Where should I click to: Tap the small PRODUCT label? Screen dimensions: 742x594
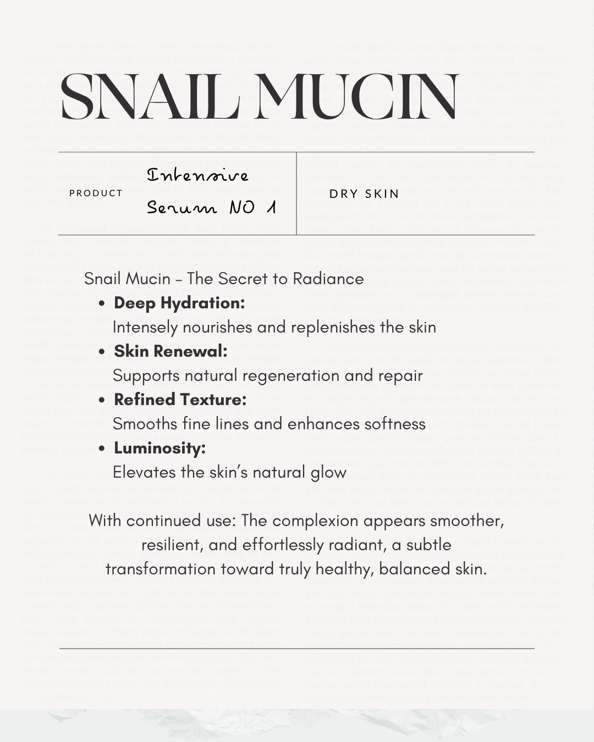(96, 193)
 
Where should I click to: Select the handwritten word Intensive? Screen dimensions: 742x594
(197, 175)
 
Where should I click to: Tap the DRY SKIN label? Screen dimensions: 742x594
(364, 193)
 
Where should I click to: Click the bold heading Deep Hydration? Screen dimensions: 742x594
(179, 303)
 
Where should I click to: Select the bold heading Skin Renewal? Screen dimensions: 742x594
(170, 351)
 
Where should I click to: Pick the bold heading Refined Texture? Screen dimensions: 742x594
(180, 400)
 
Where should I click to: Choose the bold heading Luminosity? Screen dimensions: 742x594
(159, 448)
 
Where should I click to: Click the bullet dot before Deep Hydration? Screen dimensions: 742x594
(102, 303)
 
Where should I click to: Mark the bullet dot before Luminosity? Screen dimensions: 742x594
(102, 448)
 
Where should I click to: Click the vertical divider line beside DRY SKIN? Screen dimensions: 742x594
(296, 193)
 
